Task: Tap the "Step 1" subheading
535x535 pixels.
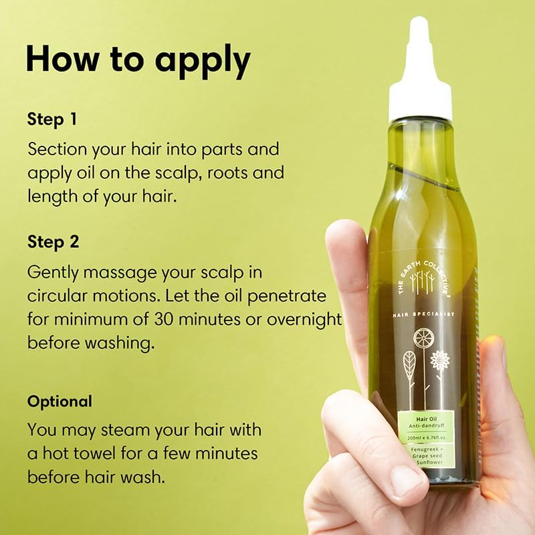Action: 52,120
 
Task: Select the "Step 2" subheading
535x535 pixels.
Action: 53,241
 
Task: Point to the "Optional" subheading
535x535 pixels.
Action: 60,402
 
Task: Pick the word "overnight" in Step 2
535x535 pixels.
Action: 304,318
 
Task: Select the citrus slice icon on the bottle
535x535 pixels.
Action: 423,338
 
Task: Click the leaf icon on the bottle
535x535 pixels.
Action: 409,364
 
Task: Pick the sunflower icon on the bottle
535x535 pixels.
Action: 439,361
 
